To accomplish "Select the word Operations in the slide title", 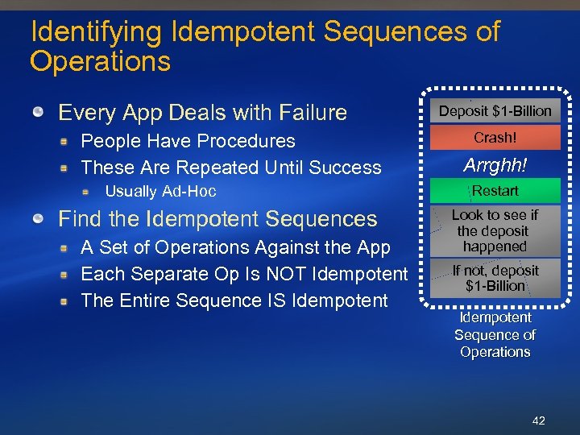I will pyautogui.click(x=100, y=61).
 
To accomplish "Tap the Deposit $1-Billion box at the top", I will pyautogui.click(x=495, y=111).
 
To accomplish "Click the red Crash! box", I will pyautogui.click(x=495, y=138).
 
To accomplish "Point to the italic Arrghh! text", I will pyautogui.click(x=495, y=165).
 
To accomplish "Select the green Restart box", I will pyautogui.click(x=495, y=191).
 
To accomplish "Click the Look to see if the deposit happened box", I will pyautogui.click(x=495, y=231).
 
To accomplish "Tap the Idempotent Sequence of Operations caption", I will pyautogui.click(x=495, y=335).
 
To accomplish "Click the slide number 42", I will pyautogui.click(x=538, y=420).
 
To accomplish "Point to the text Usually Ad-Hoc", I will pyautogui.click(x=160, y=192).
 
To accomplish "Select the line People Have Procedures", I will pyautogui.click(x=188, y=141).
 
